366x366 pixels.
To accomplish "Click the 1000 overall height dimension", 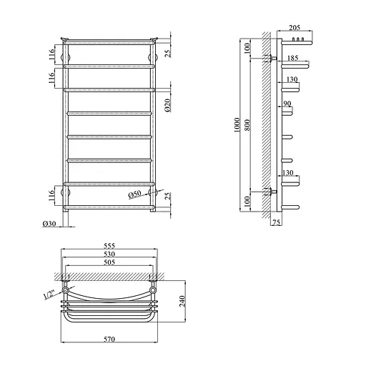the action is tap(237, 125).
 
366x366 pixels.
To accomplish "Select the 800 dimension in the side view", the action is tap(247, 125).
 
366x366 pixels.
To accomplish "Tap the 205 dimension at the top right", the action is tap(295, 28).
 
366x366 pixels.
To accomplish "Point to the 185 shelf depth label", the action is tap(293, 58).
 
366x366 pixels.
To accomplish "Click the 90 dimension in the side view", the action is tap(287, 104).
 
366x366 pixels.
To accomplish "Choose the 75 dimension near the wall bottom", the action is tap(276, 222).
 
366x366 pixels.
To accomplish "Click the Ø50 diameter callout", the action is tap(135, 194).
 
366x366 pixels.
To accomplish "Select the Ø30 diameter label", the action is tap(49, 224).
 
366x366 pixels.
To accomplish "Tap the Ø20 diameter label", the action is tap(167, 105).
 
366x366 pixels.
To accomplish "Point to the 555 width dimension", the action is tap(109, 245).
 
